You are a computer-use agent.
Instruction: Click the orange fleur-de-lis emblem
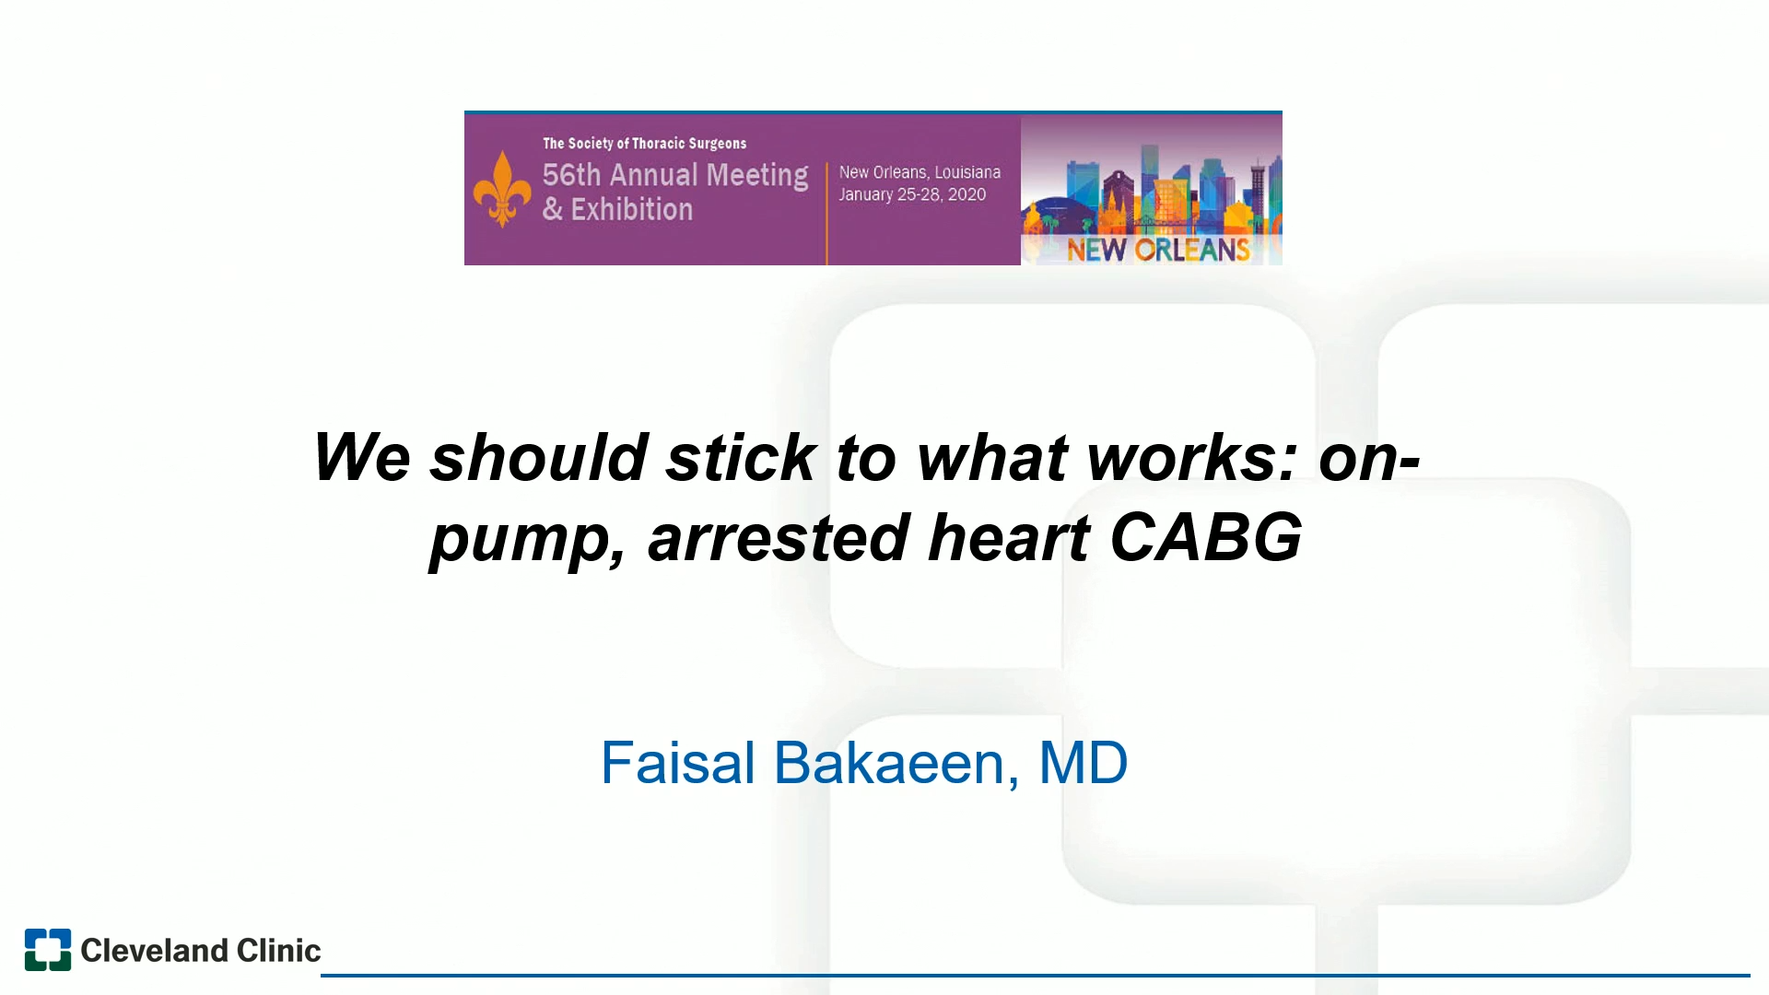point(502,189)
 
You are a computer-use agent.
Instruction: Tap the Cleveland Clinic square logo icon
point(48,950)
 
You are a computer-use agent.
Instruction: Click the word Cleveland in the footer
point(154,950)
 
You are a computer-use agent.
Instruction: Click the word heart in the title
point(1009,537)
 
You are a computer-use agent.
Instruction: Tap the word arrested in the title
point(779,537)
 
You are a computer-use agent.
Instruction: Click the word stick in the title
point(741,457)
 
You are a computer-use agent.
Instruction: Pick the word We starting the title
point(361,457)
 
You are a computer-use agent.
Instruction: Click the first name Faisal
point(678,763)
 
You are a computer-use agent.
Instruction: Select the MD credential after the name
point(1083,763)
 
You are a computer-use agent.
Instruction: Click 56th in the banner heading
point(571,174)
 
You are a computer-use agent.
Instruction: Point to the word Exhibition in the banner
point(632,210)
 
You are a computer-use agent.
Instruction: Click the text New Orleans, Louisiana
point(920,172)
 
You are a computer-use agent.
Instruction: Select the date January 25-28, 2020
point(912,194)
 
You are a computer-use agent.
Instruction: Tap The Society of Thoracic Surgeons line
point(644,144)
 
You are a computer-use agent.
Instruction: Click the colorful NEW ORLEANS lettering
point(1158,250)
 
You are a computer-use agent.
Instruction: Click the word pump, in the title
point(527,539)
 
